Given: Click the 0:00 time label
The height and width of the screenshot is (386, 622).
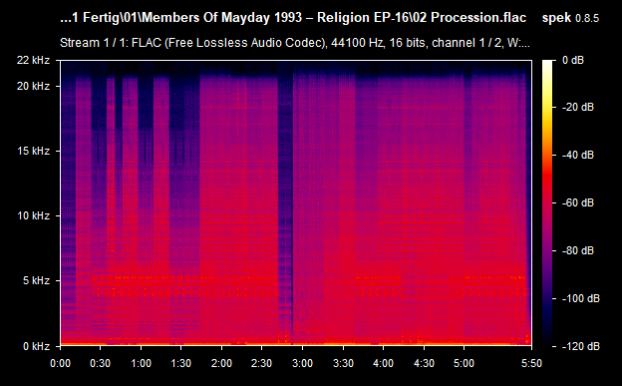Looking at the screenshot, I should pyautogui.click(x=60, y=363).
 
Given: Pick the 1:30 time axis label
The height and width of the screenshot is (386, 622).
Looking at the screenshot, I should pyautogui.click(x=181, y=363).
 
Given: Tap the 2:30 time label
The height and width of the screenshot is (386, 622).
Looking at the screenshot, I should pyautogui.click(x=262, y=363).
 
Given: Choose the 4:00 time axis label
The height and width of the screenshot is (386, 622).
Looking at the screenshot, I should pyautogui.click(x=384, y=363).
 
